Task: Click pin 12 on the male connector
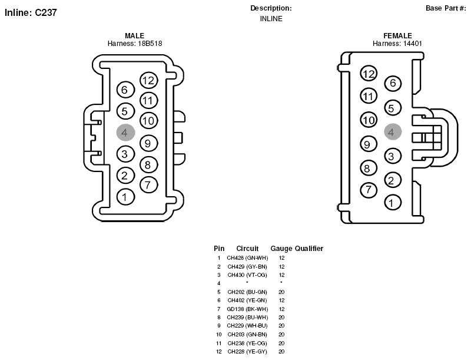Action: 149,80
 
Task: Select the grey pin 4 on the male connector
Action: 125,132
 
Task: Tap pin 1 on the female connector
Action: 393,202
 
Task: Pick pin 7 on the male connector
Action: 149,184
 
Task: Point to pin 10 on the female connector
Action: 369,120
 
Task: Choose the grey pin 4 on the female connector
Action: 393,131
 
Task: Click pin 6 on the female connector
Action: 393,83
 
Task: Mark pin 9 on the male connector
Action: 149,143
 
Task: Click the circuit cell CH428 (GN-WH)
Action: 247,258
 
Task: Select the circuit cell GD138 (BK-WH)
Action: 247,309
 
